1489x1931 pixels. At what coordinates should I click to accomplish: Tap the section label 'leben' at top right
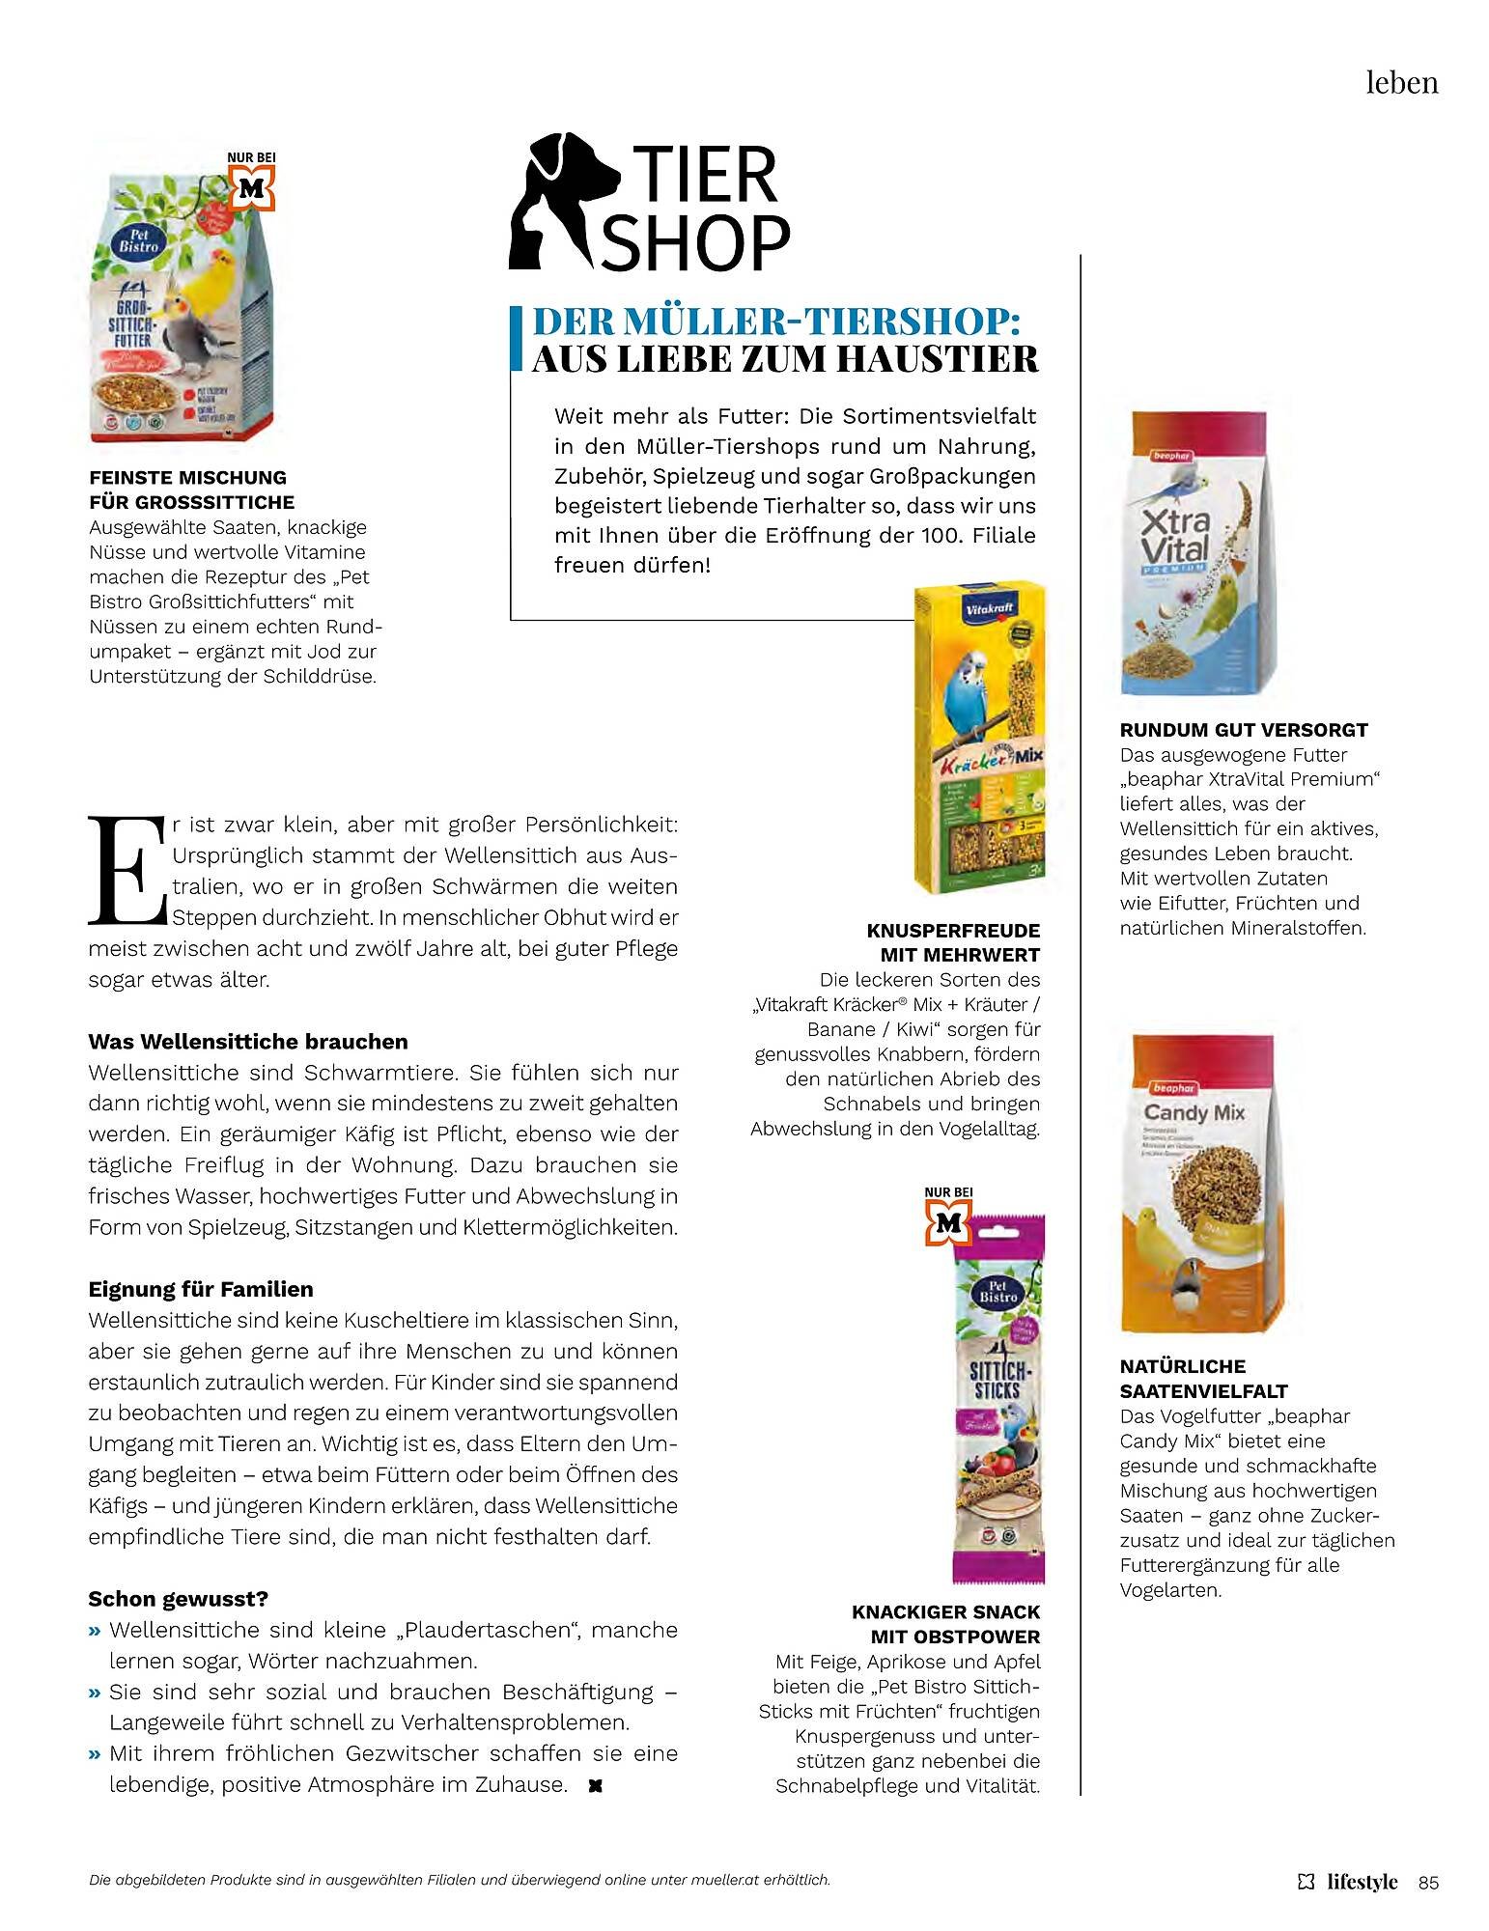[1401, 83]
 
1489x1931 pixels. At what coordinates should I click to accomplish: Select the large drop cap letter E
[126, 869]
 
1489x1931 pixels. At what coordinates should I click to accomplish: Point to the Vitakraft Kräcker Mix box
[979, 739]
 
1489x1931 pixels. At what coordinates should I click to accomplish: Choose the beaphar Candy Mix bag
[1198, 1183]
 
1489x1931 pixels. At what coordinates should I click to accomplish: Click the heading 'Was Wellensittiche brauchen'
[248, 1042]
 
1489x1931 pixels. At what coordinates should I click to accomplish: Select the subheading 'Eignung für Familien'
[201, 1290]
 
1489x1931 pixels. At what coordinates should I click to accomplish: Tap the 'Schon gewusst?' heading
[178, 1599]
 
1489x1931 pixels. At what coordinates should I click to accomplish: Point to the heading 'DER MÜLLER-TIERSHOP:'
[776, 321]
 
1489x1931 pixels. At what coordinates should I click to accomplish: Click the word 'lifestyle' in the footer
[1362, 1882]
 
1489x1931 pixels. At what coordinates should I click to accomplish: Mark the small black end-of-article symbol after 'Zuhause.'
[595, 1786]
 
